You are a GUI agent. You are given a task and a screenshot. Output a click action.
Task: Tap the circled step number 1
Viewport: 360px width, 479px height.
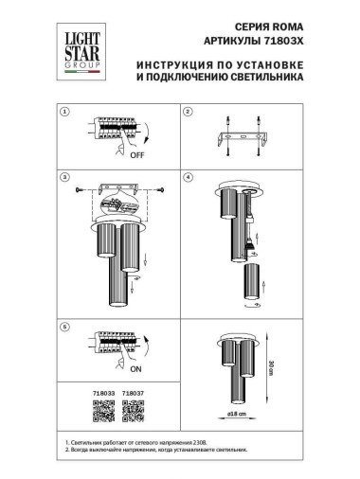pyautogui.click(x=64, y=113)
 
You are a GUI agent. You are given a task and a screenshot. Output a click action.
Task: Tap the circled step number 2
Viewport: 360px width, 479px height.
pyautogui.click(x=188, y=113)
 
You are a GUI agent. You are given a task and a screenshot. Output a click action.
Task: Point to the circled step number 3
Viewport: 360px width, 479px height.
pyautogui.click(x=64, y=177)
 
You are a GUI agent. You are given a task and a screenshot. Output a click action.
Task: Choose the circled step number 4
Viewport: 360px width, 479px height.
pyautogui.click(x=188, y=177)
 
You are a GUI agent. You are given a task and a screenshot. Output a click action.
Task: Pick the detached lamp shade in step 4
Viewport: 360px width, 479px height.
pyautogui.click(x=250, y=281)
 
